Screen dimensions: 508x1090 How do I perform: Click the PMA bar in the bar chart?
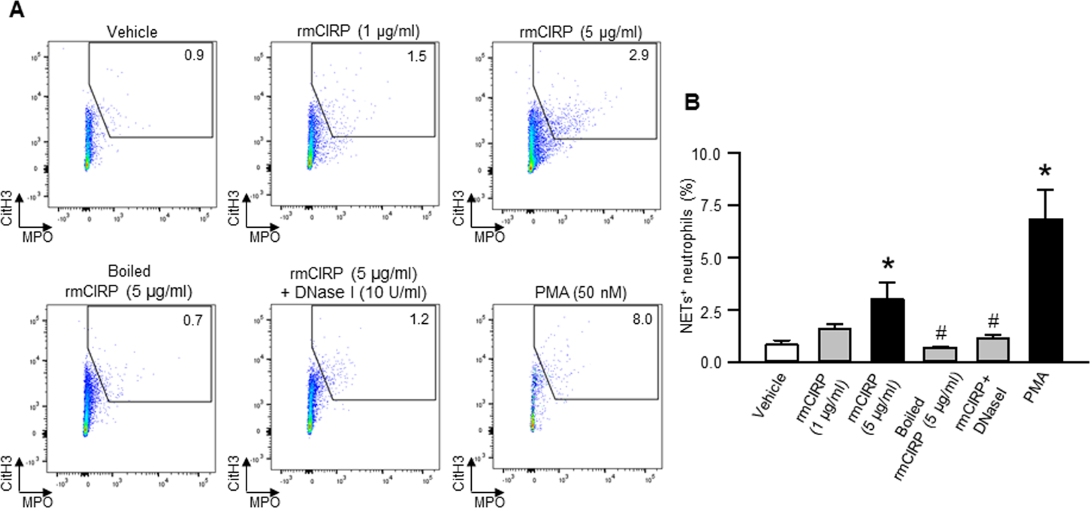click(1046, 291)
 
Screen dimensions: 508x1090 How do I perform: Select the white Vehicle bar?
click(782, 353)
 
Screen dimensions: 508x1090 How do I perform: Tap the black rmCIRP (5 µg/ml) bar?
click(887, 330)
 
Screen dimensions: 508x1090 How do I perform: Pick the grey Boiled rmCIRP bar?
click(940, 354)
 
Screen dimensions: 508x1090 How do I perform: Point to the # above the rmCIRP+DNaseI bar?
click(993, 322)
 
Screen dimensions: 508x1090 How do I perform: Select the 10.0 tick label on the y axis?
click(706, 154)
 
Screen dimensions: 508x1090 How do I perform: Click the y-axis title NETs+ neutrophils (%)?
click(687, 255)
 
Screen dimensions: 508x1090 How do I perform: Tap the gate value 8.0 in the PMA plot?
click(641, 319)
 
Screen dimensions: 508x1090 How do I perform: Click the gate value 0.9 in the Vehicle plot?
click(194, 55)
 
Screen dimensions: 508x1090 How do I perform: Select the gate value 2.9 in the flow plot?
click(638, 55)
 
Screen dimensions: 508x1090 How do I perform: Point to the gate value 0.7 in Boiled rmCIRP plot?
click(193, 321)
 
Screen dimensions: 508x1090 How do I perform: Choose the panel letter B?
click(691, 103)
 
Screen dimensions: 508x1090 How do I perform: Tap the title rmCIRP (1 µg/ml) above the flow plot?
click(358, 31)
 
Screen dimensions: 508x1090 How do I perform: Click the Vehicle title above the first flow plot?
click(133, 32)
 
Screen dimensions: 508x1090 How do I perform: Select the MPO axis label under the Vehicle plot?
click(38, 237)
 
